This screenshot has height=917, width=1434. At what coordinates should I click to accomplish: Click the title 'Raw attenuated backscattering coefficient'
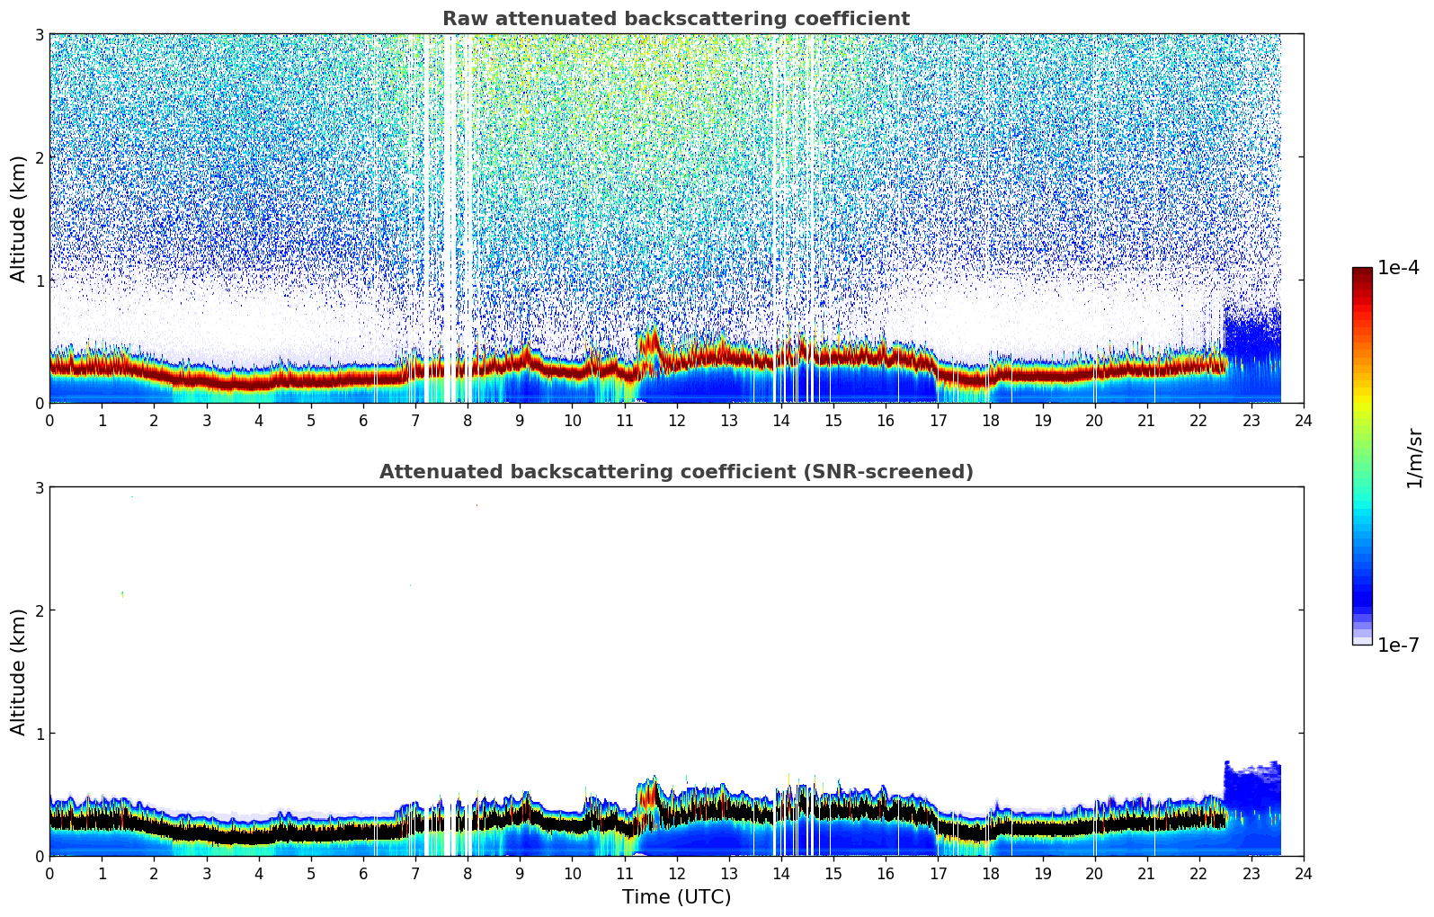pos(676,19)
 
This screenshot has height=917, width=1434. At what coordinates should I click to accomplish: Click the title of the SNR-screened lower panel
pos(676,472)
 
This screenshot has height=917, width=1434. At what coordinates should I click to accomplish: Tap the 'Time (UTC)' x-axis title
pos(676,897)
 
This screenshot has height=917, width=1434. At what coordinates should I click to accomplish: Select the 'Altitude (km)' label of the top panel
pos(18,218)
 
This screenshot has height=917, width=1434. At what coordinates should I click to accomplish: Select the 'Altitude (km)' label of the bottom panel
pos(18,672)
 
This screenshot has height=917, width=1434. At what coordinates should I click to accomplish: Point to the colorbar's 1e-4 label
pos(1398,268)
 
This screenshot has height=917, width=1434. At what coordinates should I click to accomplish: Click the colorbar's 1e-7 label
pos(1398,645)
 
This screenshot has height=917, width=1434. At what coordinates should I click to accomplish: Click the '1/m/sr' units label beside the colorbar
pos(1414,458)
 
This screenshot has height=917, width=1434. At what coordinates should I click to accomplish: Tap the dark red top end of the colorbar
pos(1362,272)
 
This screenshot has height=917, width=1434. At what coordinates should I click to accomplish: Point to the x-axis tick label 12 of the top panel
pos(676,420)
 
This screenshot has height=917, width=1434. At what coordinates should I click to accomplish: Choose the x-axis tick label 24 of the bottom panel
pos(1304,873)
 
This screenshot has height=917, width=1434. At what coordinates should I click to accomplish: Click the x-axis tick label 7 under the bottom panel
pos(415,873)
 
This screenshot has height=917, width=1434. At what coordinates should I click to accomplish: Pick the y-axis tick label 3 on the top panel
pos(39,35)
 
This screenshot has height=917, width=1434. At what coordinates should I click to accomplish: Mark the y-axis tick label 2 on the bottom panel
pos(39,610)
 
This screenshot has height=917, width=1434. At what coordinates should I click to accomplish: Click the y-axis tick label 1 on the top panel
pos(39,280)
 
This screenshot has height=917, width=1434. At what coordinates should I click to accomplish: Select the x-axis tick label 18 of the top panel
pos(990,420)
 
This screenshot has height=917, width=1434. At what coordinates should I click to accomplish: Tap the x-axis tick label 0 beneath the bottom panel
pos(49,873)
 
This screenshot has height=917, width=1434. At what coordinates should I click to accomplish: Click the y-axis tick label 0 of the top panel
pos(39,404)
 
